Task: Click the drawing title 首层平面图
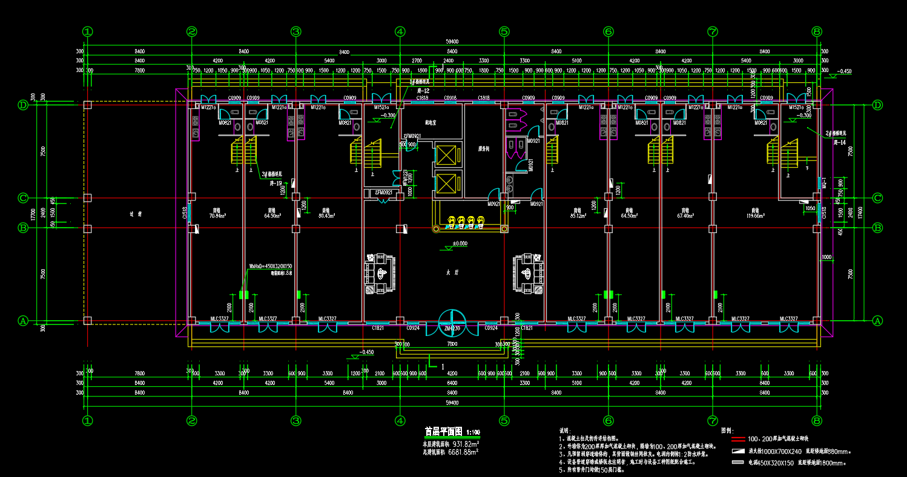coord(443,432)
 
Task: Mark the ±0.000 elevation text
coord(452,243)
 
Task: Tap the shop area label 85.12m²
coord(580,215)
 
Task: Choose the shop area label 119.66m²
coord(754,215)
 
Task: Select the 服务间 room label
coord(483,148)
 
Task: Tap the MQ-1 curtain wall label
coord(824,182)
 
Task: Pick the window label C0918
coord(450,97)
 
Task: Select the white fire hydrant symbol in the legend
coord(737,452)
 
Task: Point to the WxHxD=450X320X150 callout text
coord(271,266)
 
